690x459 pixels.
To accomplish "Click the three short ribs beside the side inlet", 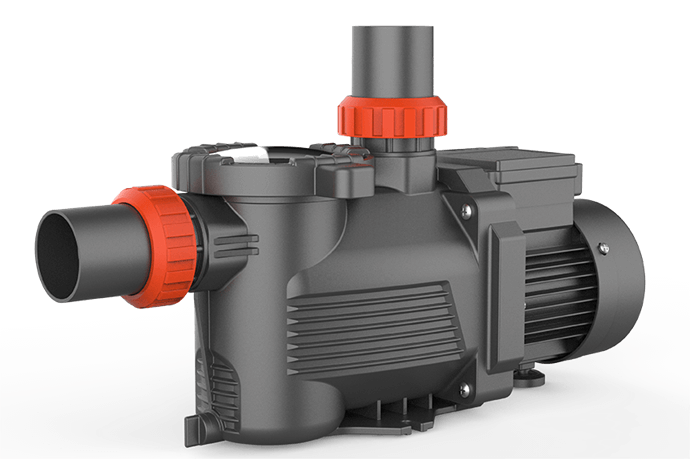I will click(x=240, y=241).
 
